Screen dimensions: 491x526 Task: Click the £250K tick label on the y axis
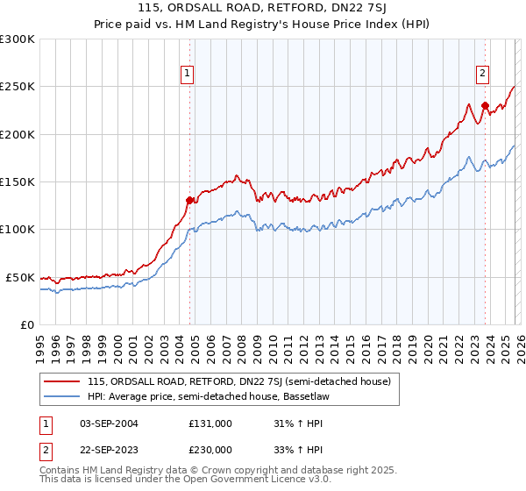point(18,87)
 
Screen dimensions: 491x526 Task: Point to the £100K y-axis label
point(18,229)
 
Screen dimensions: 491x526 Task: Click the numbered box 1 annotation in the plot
point(188,75)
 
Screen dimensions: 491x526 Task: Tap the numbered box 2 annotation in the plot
point(483,75)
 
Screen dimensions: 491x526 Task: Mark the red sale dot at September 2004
point(189,200)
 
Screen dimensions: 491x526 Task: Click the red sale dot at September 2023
point(484,106)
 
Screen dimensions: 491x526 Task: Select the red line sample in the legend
point(62,381)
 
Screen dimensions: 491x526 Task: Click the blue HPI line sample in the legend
point(62,396)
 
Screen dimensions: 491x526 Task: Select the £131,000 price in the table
point(210,423)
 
